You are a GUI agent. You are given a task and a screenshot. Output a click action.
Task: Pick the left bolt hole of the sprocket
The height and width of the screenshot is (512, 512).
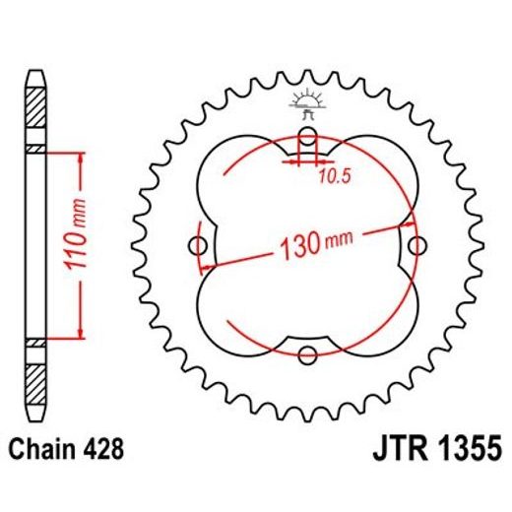(x=197, y=245)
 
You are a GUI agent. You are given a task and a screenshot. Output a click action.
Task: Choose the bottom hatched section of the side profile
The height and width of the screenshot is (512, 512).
(x=35, y=379)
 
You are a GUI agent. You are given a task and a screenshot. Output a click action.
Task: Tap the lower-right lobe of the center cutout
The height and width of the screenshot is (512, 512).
(x=379, y=315)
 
